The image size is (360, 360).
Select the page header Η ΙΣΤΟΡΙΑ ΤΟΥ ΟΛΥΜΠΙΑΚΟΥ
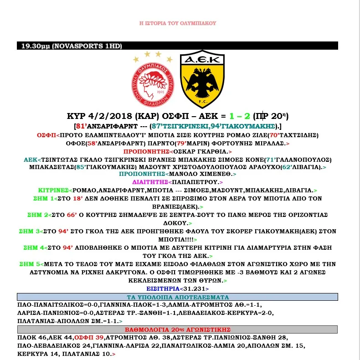click(x=178, y=23)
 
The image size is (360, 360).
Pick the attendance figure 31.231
click(x=194, y=289)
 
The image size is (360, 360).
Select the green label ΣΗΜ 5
click(x=30, y=264)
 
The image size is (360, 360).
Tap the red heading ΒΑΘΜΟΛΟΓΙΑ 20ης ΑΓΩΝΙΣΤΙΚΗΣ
click(x=177, y=329)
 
